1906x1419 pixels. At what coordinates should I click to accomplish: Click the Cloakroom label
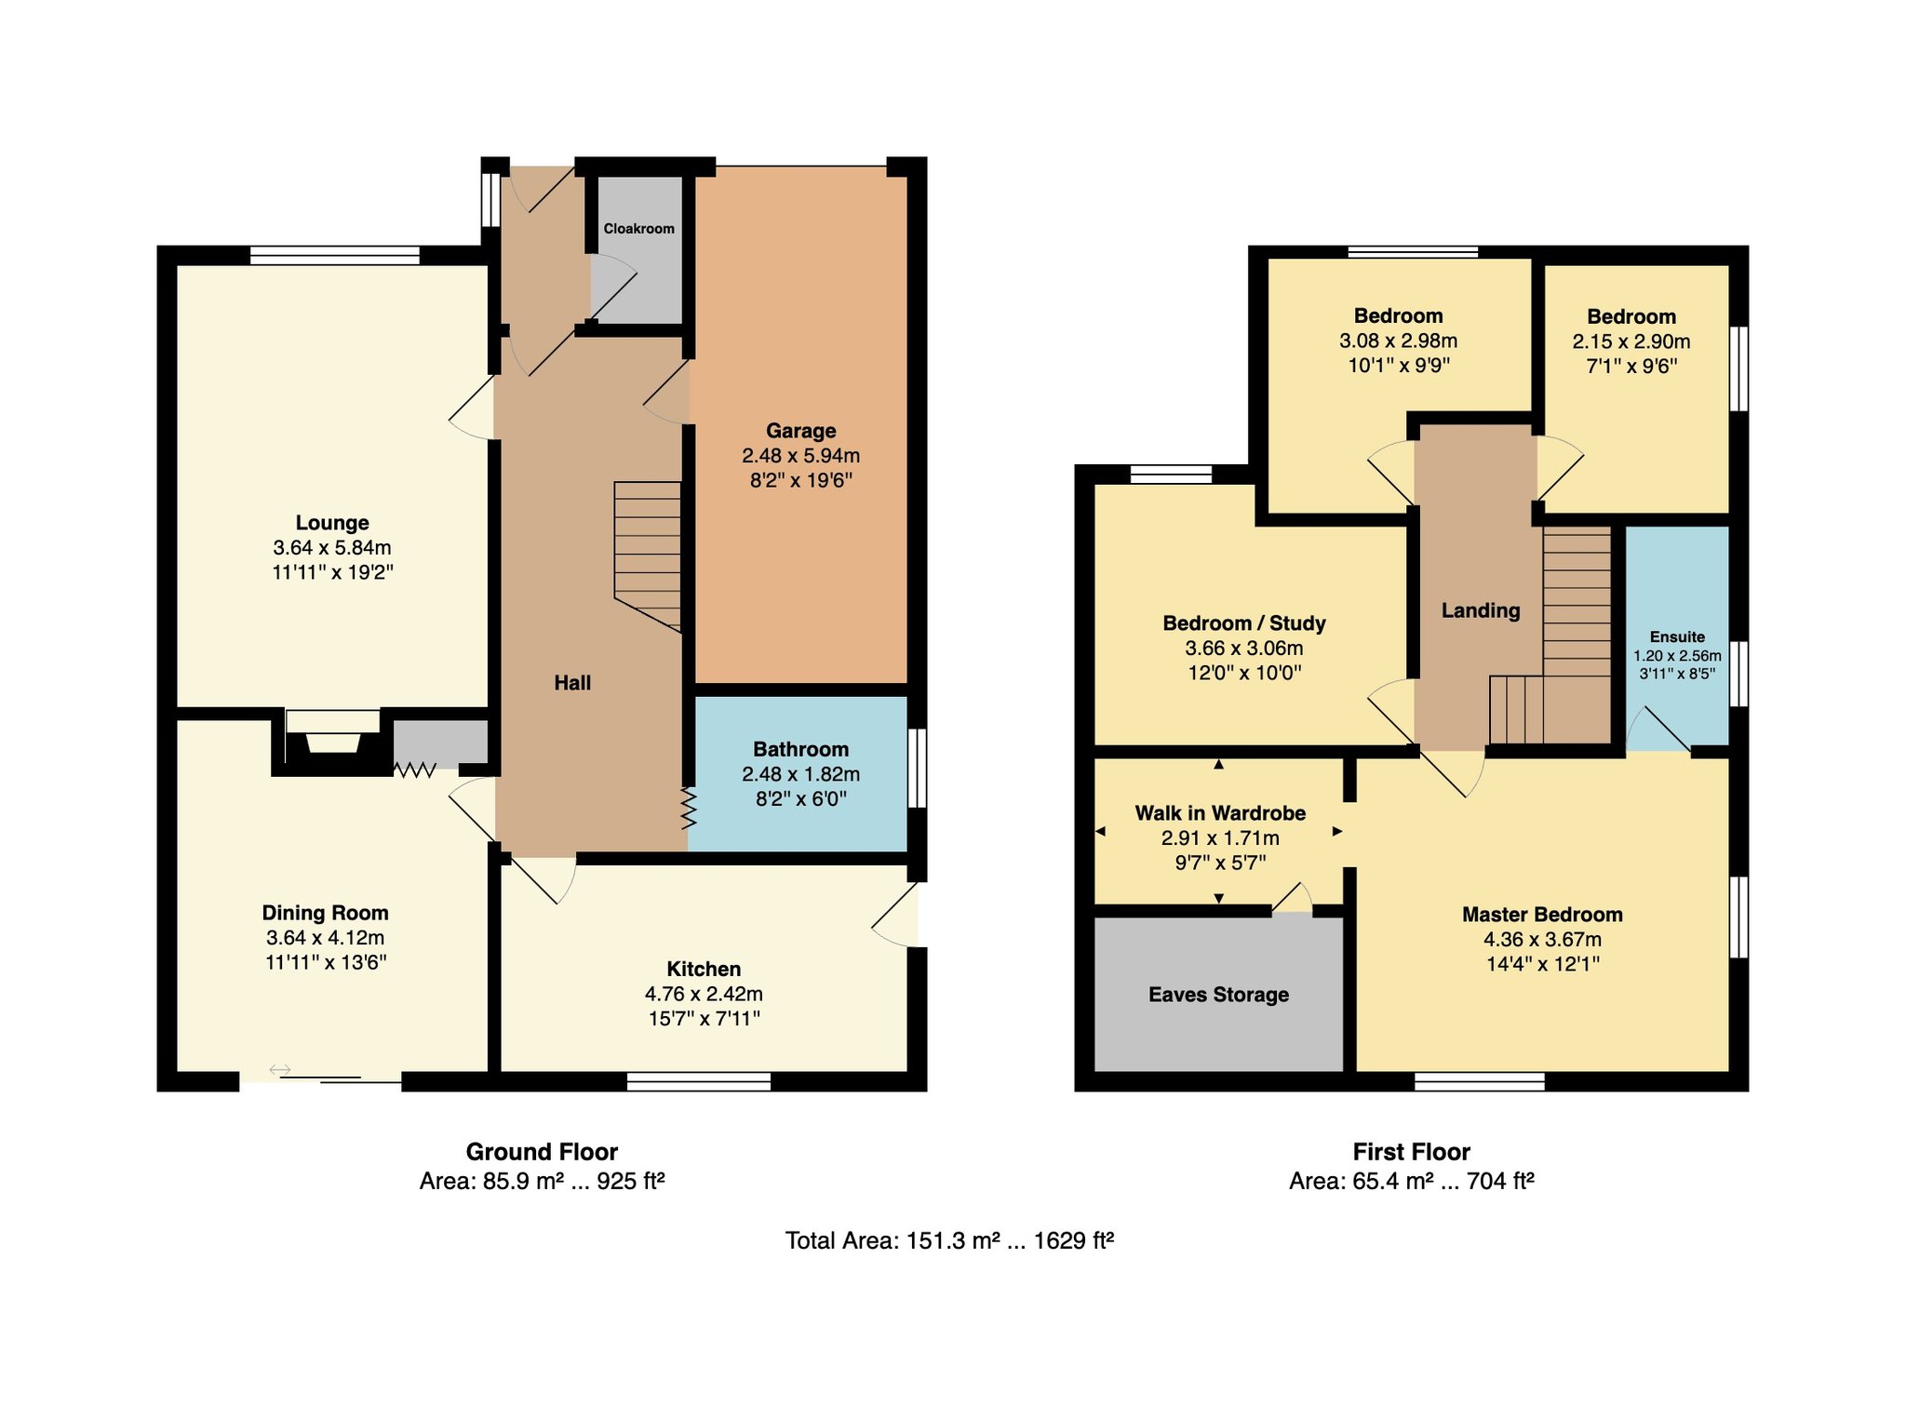[638, 229]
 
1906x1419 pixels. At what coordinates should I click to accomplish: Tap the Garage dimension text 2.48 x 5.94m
[800, 456]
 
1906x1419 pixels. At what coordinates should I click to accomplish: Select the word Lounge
[332, 523]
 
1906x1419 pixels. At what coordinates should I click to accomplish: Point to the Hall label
[572, 683]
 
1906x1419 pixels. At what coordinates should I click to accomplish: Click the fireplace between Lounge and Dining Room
[332, 740]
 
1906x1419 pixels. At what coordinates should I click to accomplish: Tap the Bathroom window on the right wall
[918, 768]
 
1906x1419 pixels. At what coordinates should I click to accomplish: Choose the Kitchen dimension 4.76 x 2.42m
[704, 994]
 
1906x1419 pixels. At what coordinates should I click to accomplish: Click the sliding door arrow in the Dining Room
[280, 1070]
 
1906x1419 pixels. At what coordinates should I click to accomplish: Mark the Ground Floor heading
[542, 1152]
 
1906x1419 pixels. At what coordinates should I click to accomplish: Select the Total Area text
[949, 1240]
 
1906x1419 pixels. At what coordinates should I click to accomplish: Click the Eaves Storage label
[1218, 995]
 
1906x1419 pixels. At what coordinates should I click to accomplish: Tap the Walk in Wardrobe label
[1220, 813]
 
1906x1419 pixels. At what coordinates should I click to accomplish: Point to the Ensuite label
[1677, 637]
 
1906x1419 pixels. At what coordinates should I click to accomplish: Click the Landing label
[1481, 611]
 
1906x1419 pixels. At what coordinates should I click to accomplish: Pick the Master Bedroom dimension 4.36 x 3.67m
[1542, 940]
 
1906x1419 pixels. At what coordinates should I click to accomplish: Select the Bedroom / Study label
[1244, 623]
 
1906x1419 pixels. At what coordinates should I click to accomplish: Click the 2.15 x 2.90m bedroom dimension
[1631, 341]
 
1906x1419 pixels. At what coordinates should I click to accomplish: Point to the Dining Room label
[325, 913]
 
